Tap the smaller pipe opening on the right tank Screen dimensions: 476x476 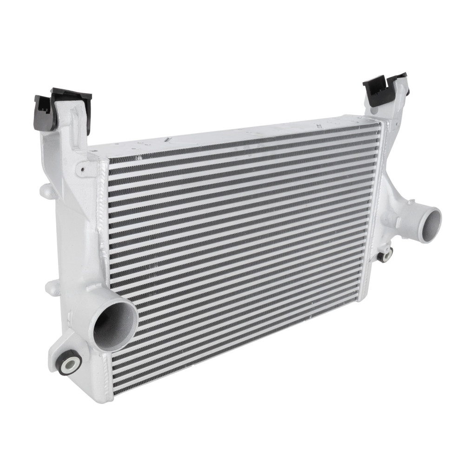[x=430, y=224]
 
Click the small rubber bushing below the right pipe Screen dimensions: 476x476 [x=385, y=255]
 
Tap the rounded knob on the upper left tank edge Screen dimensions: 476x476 [x=46, y=190]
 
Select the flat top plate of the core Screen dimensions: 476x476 [x=232, y=135]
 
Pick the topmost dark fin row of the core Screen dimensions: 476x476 [x=244, y=144]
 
